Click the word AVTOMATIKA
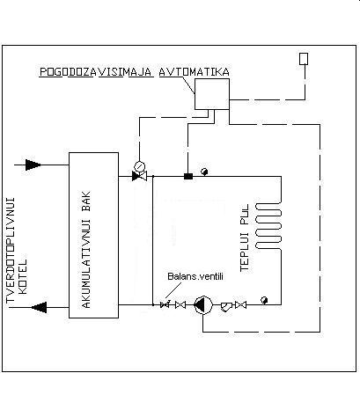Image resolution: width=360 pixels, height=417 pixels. (194, 72)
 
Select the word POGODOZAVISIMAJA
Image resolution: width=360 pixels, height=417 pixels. (96, 72)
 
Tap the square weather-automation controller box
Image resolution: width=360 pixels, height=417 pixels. (212, 94)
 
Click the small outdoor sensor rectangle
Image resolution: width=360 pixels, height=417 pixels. (304, 59)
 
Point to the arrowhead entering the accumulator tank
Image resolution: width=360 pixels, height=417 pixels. (33, 165)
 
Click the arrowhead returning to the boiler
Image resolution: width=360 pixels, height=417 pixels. (39, 307)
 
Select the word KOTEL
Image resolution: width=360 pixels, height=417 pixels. (23, 276)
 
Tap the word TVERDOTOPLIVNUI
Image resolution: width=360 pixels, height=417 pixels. (11, 250)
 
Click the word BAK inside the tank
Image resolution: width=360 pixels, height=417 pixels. (86, 201)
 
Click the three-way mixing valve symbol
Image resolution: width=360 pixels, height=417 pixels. (139, 176)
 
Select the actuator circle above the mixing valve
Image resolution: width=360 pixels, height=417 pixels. (140, 166)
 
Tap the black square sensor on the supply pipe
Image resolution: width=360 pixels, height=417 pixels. (188, 176)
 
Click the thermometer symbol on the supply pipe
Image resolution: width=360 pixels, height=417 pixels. (204, 172)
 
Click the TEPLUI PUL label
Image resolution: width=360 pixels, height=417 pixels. (245, 238)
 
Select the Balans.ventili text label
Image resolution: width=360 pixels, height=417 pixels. (195, 276)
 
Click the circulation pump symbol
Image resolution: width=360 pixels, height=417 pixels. (203, 305)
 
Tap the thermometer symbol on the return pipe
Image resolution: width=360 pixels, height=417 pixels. (264, 300)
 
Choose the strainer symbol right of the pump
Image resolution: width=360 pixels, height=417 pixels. (226, 306)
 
